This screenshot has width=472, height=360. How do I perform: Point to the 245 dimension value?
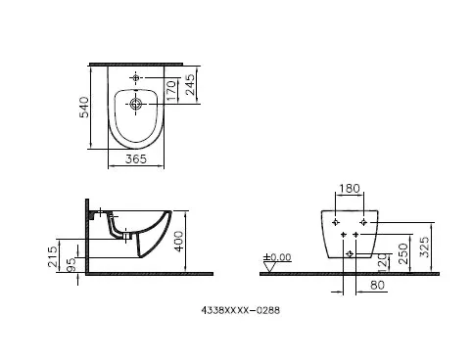[189, 91]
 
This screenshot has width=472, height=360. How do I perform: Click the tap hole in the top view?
[136, 76]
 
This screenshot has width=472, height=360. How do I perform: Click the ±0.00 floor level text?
[281, 257]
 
